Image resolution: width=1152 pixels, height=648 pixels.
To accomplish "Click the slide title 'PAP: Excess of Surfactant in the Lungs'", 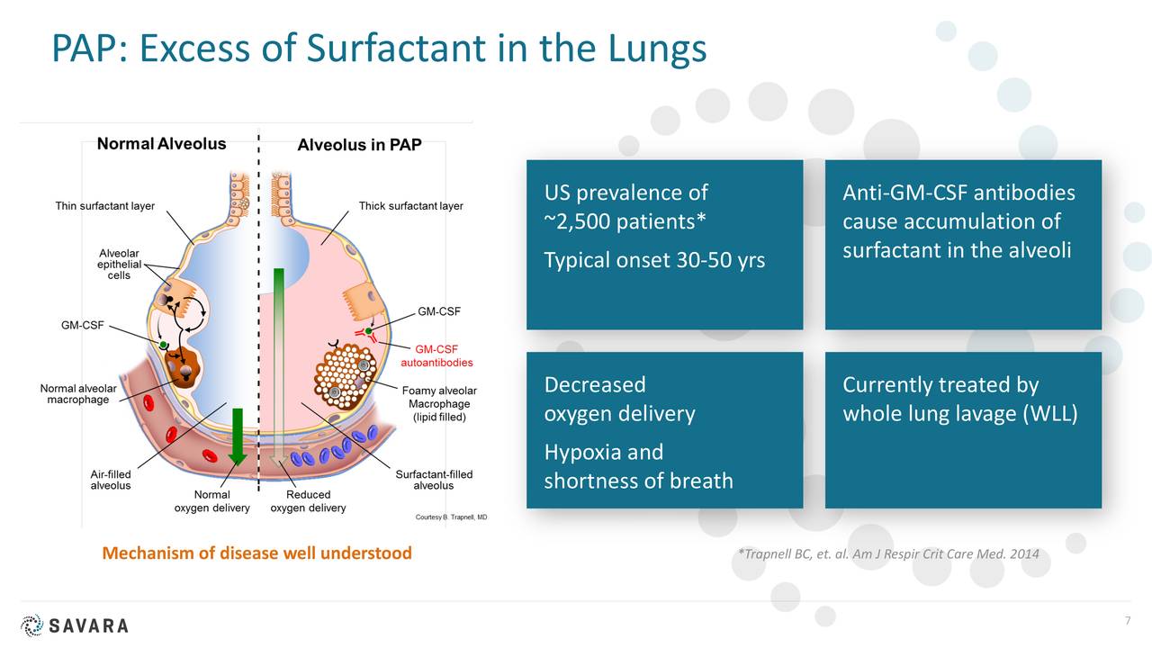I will click(378, 48).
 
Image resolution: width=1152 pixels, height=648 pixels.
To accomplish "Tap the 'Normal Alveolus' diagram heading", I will click(161, 144).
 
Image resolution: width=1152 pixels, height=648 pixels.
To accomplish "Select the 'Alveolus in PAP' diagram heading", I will click(359, 145).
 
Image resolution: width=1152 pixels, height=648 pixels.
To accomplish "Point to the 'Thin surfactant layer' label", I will click(104, 206).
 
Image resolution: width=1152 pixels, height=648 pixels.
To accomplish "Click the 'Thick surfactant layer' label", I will click(410, 206).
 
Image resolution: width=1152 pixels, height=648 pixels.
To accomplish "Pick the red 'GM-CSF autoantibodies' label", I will click(436, 355).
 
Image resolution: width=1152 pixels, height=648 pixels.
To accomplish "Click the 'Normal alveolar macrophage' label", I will click(77, 394).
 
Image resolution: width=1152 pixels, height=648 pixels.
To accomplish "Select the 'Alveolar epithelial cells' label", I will click(119, 265).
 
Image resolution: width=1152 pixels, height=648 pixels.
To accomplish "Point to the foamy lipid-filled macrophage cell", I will click(346, 373).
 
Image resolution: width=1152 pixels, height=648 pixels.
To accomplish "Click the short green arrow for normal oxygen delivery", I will click(237, 436).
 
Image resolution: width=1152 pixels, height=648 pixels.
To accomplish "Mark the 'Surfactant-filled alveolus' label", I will click(434, 480).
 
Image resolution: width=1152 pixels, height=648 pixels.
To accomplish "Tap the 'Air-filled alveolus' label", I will click(111, 480).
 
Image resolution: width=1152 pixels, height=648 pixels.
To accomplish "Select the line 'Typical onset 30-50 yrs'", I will click(654, 260).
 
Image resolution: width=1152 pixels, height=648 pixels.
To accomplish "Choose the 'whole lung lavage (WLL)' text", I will click(959, 414).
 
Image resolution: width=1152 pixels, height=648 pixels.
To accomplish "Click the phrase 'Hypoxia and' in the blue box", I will click(603, 452).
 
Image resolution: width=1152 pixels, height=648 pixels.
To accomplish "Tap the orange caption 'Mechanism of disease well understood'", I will click(256, 553).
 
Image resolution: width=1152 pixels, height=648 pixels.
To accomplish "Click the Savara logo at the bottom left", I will click(75, 625).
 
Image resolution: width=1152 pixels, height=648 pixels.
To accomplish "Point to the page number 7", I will click(1126, 622).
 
